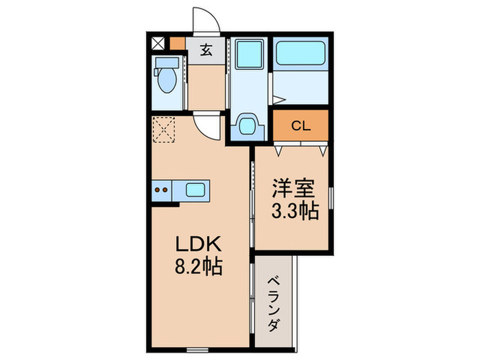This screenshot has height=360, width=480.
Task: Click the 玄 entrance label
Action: click(x=206, y=49)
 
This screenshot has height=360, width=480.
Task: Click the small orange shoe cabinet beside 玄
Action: click(x=177, y=43)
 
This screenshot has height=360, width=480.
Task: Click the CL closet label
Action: click(x=300, y=126)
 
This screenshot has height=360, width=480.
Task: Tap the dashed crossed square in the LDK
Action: click(x=165, y=128)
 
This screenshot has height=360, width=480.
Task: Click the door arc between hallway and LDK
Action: click(x=208, y=125)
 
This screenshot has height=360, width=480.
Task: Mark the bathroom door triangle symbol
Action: click(x=272, y=99)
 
